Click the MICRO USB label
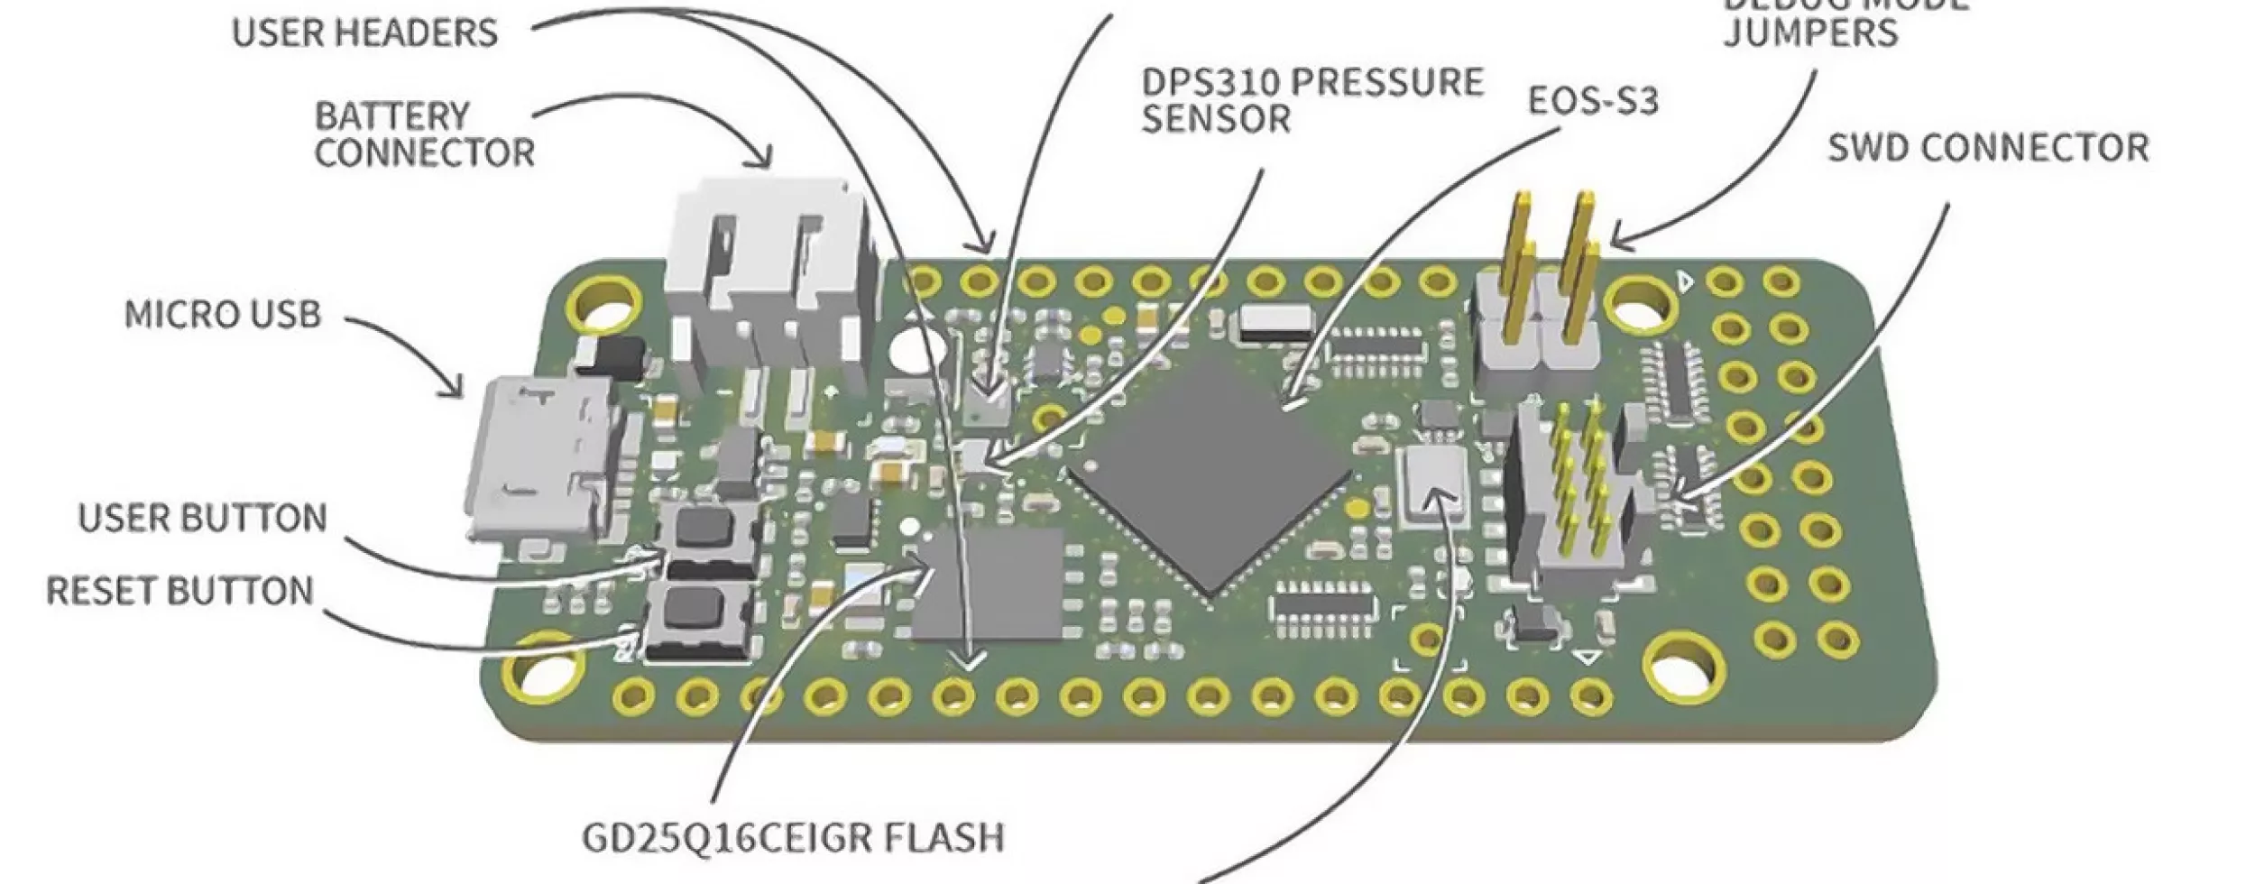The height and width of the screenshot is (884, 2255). [x=223, y=315]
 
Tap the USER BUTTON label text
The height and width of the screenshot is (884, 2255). [x=202, y=518]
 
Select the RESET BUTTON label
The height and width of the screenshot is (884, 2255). [x=179, y=591]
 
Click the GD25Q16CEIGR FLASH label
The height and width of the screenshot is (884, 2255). [x=793, y=837]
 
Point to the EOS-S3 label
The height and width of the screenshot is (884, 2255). [x=1593, y=101]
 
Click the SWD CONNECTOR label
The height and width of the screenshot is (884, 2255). [x=1988, y=148]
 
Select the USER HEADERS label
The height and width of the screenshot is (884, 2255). [x=364, y=33]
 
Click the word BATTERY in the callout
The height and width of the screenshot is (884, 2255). [x=392, y=116]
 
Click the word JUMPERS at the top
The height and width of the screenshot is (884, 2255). [x=1810, y=33]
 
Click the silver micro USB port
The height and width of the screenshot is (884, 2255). [x=541, y=460]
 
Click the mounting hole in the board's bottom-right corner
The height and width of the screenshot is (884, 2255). [x=1680, y=669]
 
